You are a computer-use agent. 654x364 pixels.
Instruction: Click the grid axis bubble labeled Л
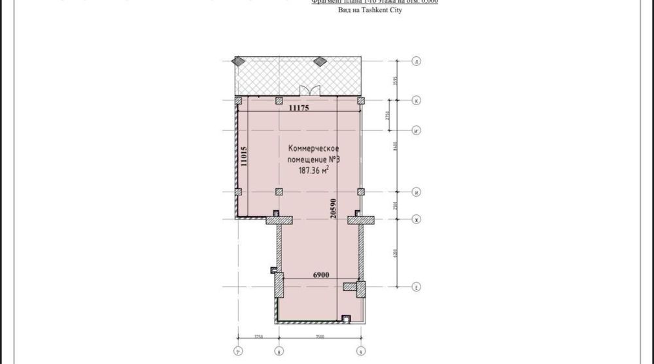point(416,62)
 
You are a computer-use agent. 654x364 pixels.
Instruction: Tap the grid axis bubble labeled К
point(416,101)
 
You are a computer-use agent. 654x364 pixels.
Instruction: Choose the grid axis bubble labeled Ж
point(416,220)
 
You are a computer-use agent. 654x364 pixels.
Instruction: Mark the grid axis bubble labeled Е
point(416,286)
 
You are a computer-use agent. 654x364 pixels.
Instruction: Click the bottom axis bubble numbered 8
point(279,350)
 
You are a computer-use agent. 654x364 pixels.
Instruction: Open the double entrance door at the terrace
point(309,90)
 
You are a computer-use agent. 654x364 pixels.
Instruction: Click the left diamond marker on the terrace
point(239,62)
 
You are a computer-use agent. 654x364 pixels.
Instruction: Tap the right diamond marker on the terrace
point(319,62)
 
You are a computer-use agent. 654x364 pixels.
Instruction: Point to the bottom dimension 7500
point(320,337)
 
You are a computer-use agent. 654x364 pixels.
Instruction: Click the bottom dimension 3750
point(258,337)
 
